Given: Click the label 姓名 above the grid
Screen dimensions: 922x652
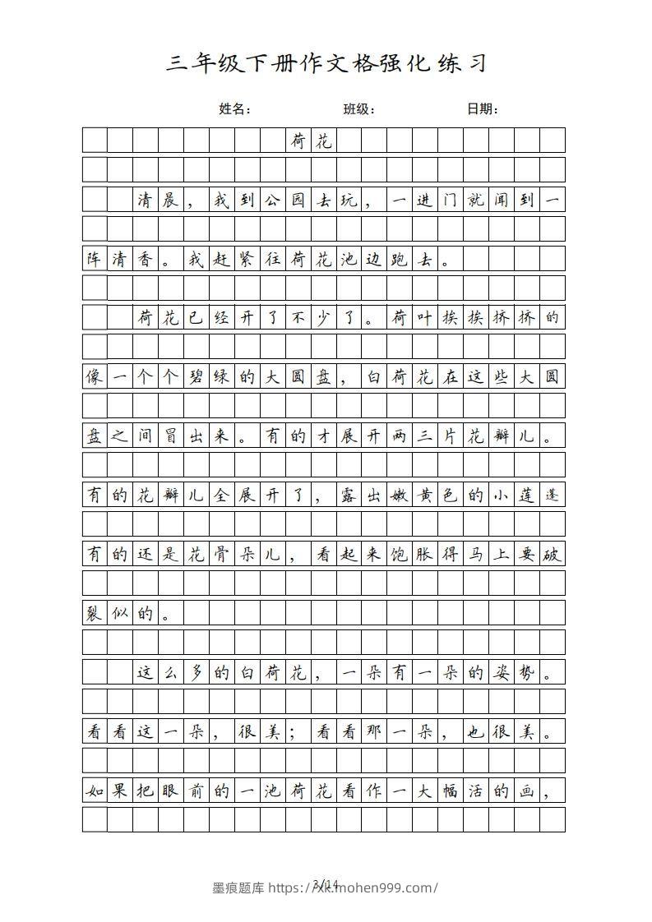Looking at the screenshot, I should [234, 109].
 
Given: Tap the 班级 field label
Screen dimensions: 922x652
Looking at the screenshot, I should [358, 109].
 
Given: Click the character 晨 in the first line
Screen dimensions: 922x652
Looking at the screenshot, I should [171, 200].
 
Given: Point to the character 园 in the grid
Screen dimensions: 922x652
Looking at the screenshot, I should [298, 200].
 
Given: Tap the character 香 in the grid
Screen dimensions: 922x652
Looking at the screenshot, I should [146, 259].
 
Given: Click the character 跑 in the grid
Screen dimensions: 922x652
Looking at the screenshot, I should [400, 259].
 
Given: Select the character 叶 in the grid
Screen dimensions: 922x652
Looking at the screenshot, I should [425, 318].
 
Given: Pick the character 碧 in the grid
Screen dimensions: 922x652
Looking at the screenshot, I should [197, 377].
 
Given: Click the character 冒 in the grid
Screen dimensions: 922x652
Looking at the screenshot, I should [171, 436].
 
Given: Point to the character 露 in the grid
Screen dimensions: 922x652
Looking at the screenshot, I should [349, 496].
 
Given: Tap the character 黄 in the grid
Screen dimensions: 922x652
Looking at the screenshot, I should [425, 496].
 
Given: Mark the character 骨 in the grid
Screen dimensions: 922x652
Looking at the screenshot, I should [222, 555].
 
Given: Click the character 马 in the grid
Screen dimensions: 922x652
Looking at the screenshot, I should [476, 555].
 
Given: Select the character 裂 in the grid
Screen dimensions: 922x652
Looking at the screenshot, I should [95, 614].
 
